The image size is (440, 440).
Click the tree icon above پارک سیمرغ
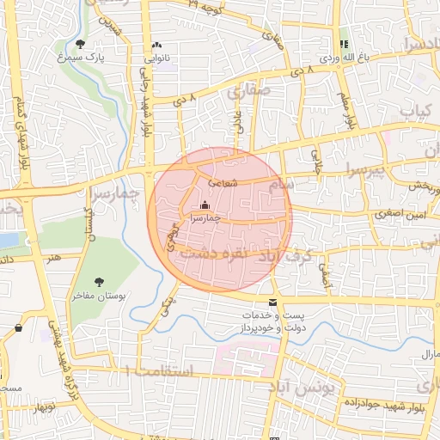click(x=81, y=43)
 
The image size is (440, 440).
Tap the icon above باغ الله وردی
click(x=344, y=44)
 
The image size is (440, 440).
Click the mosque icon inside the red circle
click(x=205, y=205)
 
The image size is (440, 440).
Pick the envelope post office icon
click(x=273, y=302)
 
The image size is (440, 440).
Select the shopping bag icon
click(x=19, y=327)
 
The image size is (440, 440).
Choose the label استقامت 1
click(x=159, y=371)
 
